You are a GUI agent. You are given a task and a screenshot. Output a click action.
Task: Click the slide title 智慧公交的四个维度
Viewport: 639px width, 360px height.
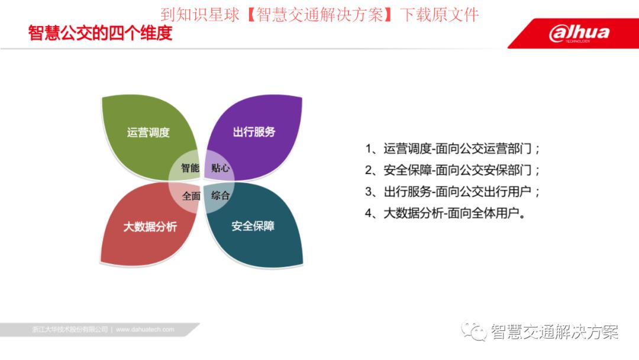[x=100, y=33]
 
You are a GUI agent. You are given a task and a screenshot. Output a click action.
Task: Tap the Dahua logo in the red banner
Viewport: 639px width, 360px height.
[x=579, y=33]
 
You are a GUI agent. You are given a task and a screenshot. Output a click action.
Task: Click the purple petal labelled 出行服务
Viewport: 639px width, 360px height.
[x=254, y=131]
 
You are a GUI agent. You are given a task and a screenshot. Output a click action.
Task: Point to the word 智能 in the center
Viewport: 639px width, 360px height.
[x=190, y=168]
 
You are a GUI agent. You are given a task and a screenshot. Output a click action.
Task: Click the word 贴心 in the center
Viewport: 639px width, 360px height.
[x=221, y=168]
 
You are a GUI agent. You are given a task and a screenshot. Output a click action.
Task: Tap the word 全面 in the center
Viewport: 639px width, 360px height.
[x=191, y=195]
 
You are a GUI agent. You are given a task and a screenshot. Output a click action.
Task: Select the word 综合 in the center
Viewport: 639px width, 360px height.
[x=220, y=195]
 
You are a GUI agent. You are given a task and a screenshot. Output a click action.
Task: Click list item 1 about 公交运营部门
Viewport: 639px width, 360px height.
[x=453, y=149]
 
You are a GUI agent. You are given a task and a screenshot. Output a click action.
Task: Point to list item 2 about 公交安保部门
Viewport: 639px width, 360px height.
[x=453, y=171]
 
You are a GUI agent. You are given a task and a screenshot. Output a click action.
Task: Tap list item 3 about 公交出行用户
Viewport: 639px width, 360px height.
[x=453, y=192]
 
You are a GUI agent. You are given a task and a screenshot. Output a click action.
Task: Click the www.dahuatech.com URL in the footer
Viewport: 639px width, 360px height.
[x=145, y=329]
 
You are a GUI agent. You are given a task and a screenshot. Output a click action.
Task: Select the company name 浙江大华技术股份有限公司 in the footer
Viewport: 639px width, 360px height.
[x=70, y=329]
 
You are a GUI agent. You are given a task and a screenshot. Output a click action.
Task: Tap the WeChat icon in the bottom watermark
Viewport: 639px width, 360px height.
[x=473, y=331]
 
